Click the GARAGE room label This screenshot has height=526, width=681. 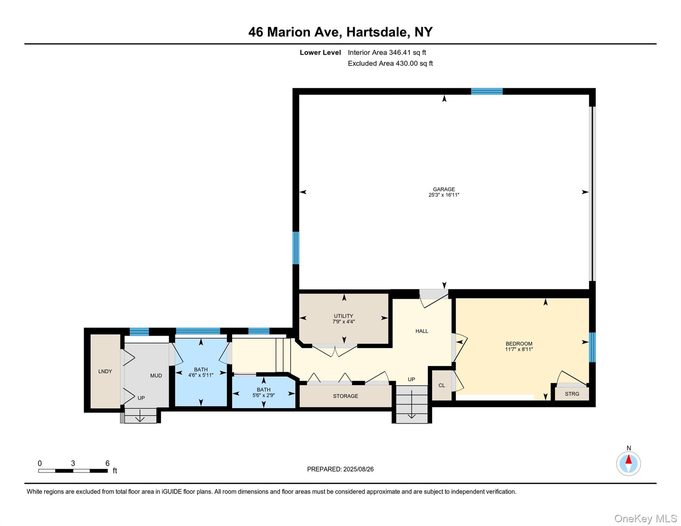444,189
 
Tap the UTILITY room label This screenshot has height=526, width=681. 343,316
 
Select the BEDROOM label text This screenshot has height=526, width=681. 519,343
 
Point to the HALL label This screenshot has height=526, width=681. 422,331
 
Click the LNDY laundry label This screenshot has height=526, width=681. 105,371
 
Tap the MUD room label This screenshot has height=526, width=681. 156,375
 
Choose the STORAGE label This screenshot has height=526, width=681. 345,396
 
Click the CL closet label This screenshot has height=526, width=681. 442,385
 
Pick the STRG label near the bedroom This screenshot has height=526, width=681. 572,394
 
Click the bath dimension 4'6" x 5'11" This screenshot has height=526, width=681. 201,375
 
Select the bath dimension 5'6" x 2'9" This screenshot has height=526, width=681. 263,395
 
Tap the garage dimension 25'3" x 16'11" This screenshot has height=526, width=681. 444,195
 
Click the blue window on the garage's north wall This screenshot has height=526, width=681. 486,91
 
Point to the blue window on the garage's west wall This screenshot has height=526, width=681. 296,248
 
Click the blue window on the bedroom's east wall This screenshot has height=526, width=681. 592,347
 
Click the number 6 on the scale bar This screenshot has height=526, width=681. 107,463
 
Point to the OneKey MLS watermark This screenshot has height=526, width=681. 645,518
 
